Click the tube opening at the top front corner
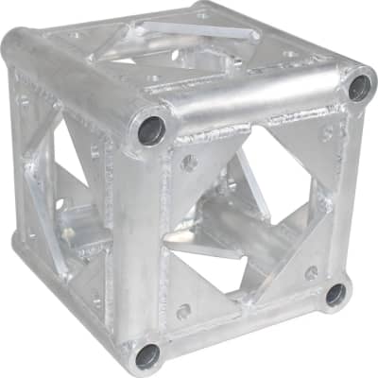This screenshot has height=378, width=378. tap(152, 129)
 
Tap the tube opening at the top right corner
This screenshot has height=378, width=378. tap(358, 88)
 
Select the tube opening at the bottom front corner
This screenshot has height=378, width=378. tap(147, 355)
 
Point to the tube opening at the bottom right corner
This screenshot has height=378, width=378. tap(335, 294)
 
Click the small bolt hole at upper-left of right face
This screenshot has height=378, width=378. tap(189, 163)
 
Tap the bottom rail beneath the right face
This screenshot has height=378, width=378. tap(246, 326)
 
